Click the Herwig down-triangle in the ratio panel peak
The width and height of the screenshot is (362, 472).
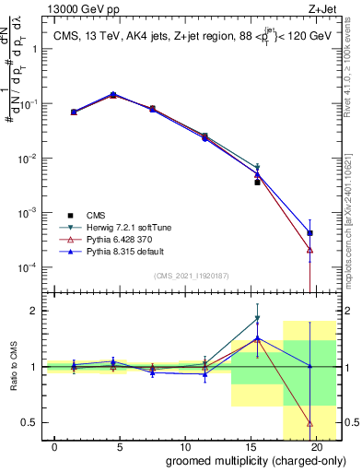[258, 319]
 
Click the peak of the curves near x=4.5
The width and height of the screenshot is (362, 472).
[113, 94]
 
